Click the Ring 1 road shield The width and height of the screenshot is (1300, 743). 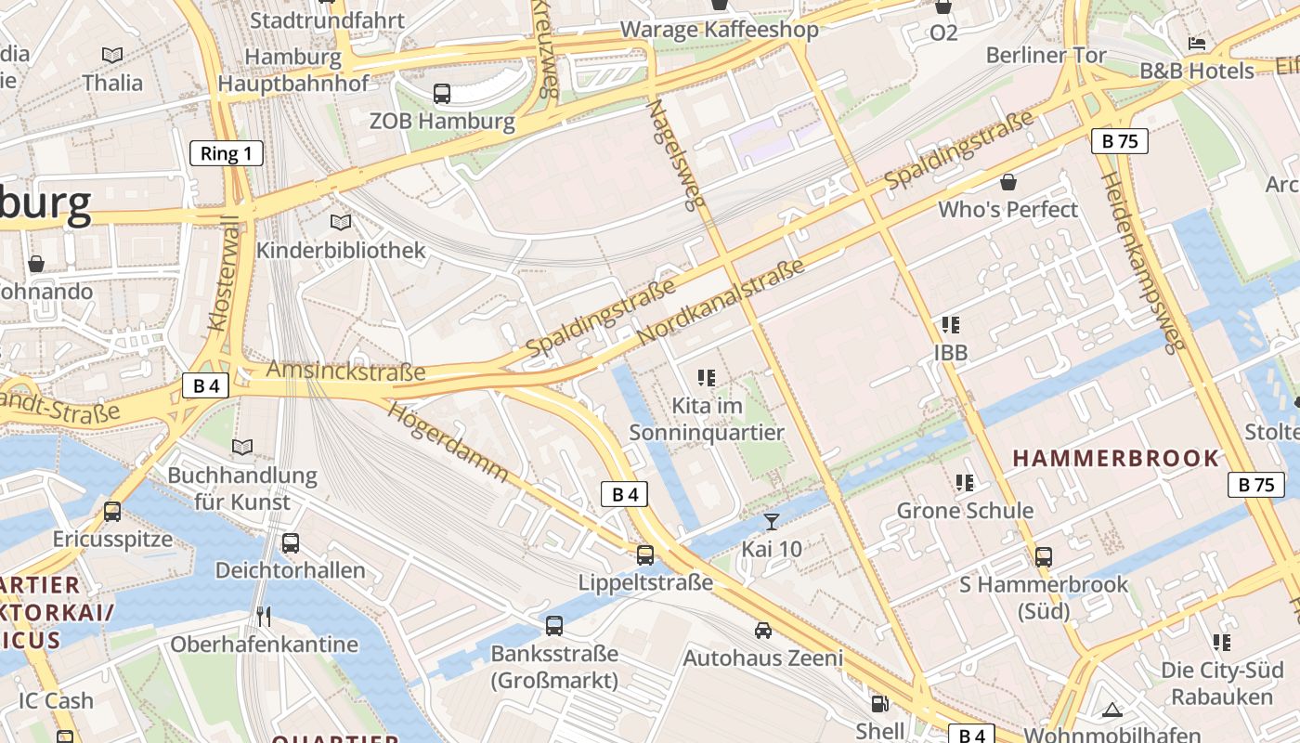click(x=227, y=153)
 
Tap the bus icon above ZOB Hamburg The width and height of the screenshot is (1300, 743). click(x=442, y=93)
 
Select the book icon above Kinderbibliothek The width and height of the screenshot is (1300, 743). click(x=341, y=223)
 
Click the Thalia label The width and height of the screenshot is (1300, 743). click(x=112, y=83)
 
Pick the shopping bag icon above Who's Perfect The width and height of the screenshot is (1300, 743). click(x=1007, y=182)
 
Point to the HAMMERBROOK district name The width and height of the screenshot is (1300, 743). click(x=1115, y=458)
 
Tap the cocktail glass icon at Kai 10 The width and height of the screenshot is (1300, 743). click(x=771, y=521)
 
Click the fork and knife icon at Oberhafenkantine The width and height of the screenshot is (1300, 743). click(x=264, y=617)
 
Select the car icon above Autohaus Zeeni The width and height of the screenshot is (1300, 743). click(x=763, y=631)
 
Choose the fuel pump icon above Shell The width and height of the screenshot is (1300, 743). click(x=878, y=704)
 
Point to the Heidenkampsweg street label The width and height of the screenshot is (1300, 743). click(x=1143, y=262)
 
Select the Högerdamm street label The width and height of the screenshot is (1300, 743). click(x=448, y=441)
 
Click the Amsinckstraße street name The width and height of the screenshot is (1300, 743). click(x=345, y=371)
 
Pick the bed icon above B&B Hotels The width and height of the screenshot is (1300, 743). click(x=1197, y=44)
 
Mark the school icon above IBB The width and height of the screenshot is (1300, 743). click(x=950, y=325)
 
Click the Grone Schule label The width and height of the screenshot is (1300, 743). click(x=965, y=510)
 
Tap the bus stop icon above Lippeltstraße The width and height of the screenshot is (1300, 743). click(x=645, y=555)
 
